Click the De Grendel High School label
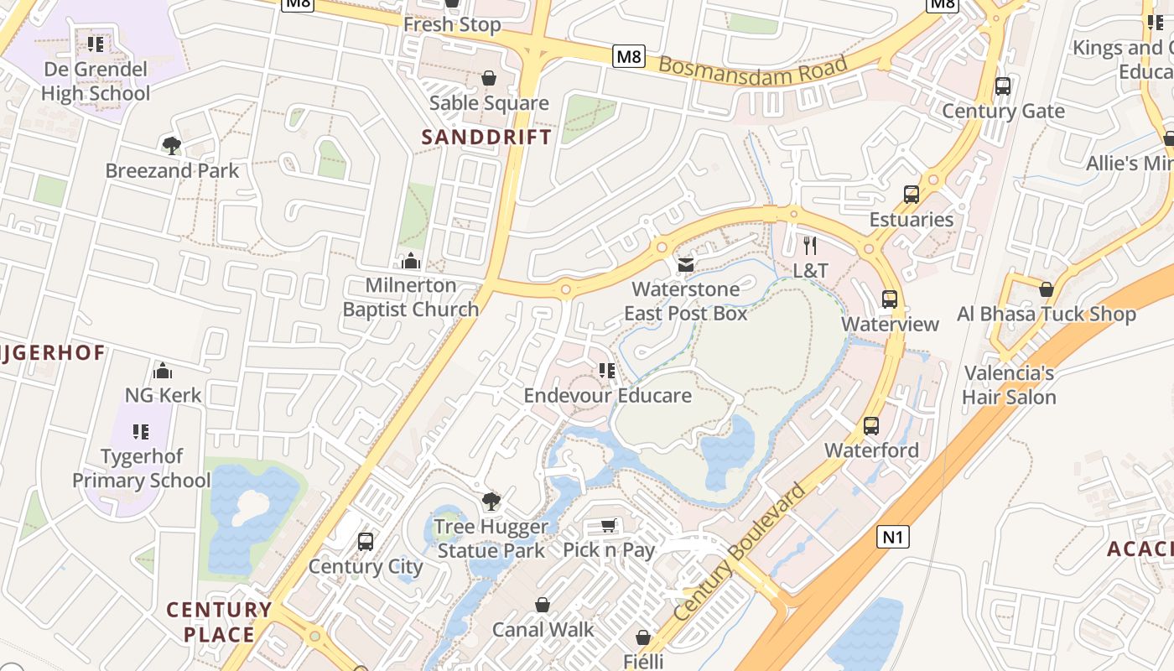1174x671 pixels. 95,81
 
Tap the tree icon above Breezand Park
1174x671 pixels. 171,146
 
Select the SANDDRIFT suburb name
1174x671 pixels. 486,137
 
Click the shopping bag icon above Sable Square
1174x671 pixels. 489,78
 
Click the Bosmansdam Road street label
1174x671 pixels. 752,65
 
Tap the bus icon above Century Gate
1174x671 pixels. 1002,86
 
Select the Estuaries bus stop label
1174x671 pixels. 912,220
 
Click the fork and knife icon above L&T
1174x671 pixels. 810,245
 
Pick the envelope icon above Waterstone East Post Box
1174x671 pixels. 686,265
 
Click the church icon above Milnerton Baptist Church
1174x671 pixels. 411,261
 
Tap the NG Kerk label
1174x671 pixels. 163,395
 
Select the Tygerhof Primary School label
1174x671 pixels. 141,469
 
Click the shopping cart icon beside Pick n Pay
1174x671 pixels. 609,526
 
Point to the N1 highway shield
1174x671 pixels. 893,536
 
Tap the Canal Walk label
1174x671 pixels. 543,629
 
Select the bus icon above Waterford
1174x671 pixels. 871,426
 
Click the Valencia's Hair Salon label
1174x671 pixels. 1009,385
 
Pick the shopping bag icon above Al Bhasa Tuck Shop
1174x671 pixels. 1046,289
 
